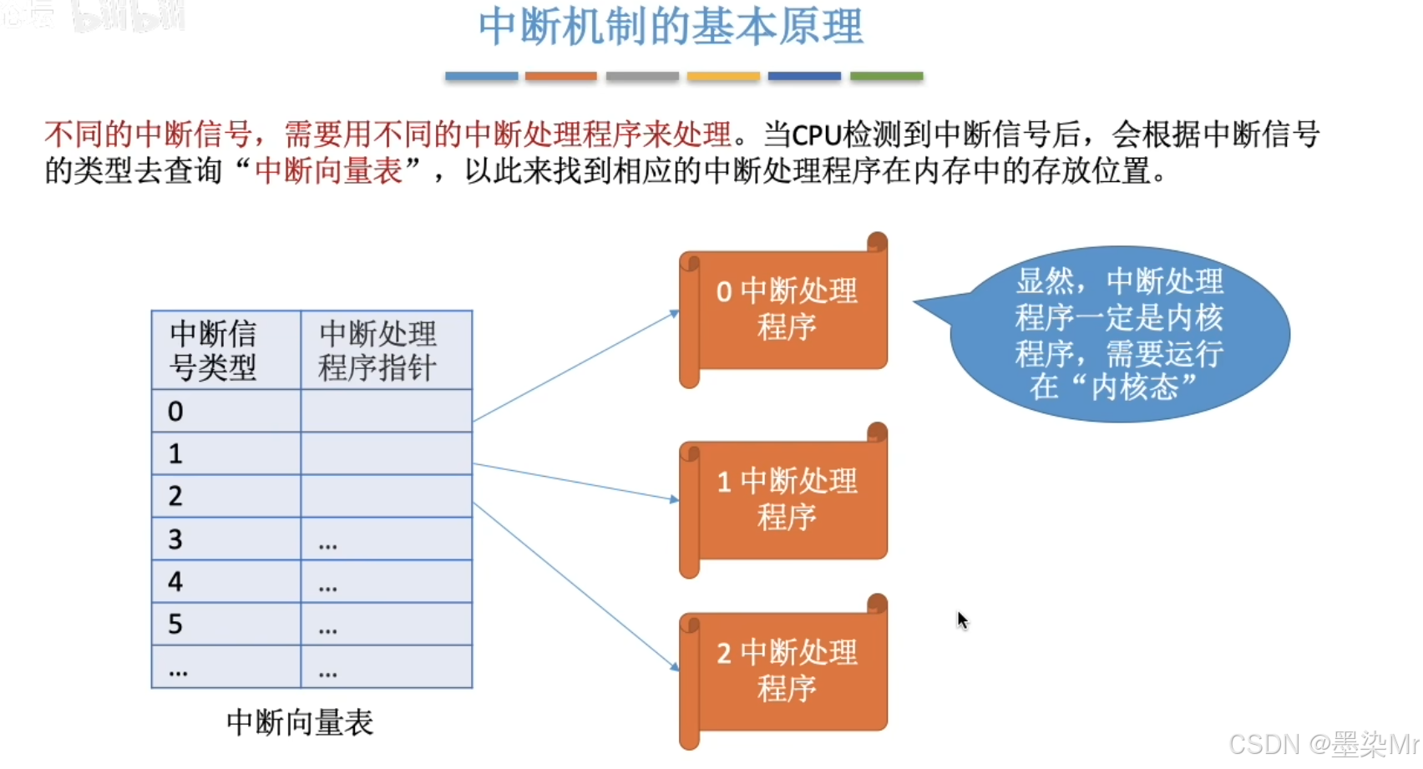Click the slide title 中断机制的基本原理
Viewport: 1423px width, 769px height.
671,27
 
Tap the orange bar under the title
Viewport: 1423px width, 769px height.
560,76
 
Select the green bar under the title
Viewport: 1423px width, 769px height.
886,76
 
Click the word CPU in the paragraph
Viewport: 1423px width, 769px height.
816,135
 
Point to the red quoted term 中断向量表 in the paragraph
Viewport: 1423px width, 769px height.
328,171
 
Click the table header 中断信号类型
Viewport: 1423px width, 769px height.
214,350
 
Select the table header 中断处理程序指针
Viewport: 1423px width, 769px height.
377,350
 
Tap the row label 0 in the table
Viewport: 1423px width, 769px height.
175,412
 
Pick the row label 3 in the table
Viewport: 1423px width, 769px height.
175,539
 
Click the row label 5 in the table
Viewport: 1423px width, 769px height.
175,625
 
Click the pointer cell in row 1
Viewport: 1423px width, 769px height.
386,453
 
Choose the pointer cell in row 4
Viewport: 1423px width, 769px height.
386,581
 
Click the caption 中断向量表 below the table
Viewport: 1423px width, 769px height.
300,722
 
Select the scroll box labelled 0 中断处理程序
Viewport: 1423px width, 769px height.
786,309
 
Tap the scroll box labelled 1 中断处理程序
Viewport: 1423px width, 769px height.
786,499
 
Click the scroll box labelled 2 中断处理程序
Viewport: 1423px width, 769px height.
786,670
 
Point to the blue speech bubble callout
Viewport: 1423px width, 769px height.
1119,334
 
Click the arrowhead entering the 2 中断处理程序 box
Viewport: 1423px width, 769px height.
675,666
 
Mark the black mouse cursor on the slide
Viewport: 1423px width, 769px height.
962,620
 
